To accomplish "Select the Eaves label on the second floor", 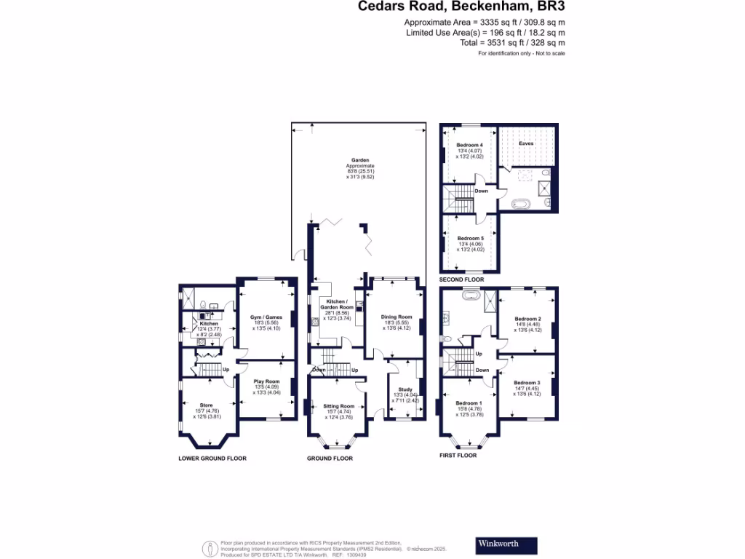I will tap(525, 143).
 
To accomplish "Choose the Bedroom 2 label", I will tap(527, 319).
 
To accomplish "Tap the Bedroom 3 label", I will tap(527, 383).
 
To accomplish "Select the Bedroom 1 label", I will tap(469, 403).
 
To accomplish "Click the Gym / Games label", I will tap(266, 317).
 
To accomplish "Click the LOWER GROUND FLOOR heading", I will tap(212, 459).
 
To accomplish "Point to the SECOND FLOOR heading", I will tap(461, 279).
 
